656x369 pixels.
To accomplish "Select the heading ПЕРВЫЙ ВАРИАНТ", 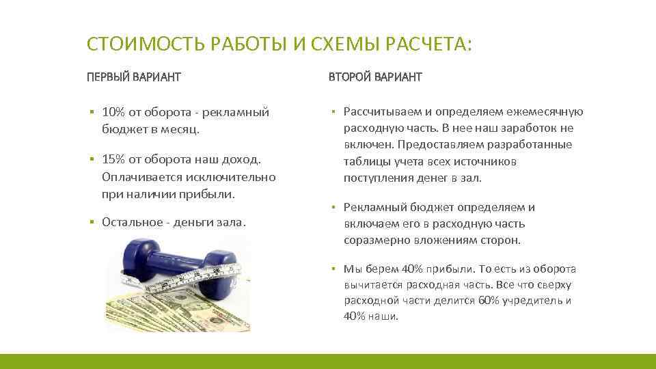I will tap(134, 77).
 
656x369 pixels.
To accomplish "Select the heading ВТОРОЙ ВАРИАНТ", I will tap(375, 77).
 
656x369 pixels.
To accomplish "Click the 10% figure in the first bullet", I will tap(113, 112).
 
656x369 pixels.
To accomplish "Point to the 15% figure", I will tap(113, 159).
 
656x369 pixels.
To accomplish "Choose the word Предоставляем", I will tap(437, 145).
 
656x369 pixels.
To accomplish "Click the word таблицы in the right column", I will tap(365, 162).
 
